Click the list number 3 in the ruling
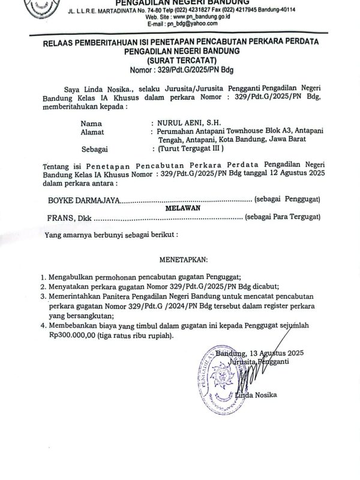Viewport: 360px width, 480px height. pos(43,296)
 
